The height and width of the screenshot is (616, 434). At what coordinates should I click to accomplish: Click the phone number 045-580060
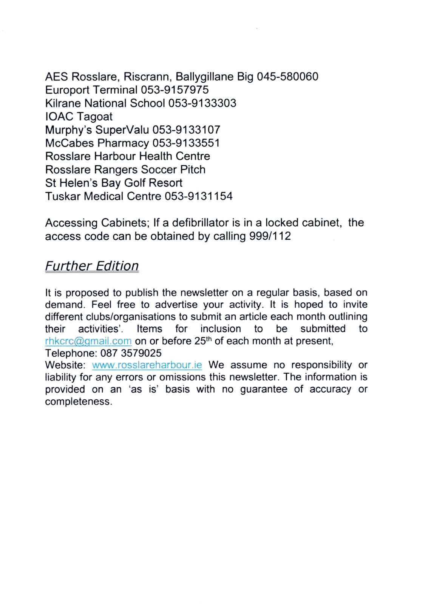click(x=287, y=77)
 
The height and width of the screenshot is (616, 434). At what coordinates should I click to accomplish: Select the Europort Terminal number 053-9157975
click(x=175, y=90)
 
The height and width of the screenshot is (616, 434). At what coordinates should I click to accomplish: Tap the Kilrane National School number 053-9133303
click(x=202, y=103)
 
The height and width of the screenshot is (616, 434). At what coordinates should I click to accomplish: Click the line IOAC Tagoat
click(x=79, y=117)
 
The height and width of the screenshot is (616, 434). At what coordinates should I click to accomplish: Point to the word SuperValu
click(x=122, y=130)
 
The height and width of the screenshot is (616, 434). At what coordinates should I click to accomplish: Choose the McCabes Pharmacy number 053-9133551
click(x=186, y=143)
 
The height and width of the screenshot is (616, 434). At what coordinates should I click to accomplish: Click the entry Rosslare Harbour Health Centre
click(x=127, y=156)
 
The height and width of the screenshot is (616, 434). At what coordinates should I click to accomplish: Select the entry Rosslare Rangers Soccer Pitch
click(x=125, y=169)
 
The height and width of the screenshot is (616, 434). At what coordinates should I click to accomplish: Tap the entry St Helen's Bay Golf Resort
click(x=113, y=183)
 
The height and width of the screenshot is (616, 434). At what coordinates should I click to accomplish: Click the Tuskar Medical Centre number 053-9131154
click(x=198, y=196)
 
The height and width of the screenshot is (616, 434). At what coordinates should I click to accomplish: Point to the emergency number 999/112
click(x=270, y=236)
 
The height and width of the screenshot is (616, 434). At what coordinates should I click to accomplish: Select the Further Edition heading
click(x=92, y=266)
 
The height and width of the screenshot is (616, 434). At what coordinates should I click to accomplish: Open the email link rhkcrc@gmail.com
click(x=88, y=341)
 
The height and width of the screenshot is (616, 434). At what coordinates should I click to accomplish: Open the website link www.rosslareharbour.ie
click(x=147, y=365)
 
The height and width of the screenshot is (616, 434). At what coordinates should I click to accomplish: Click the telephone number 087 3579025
click(x=131, y=353)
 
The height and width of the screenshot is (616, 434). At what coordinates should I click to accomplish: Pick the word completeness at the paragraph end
click(x=78, y=402)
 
